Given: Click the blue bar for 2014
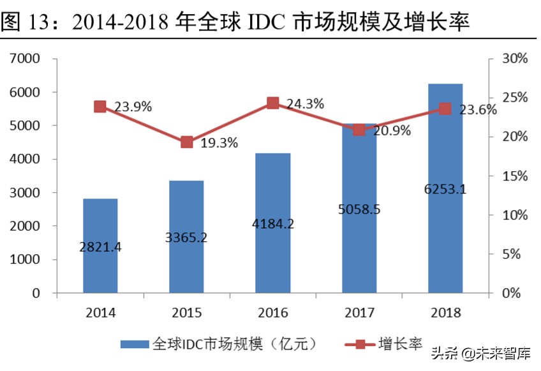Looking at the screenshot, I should pos(100,246).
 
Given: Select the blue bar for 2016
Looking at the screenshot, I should pos(273,223).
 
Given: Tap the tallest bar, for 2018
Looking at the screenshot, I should pos(445,188).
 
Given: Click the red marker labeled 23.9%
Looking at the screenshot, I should pos(100,107).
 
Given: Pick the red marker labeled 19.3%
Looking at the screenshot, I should pos(186,142).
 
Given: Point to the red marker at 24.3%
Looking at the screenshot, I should pos(273,103).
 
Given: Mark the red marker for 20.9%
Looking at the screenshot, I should pos(359,130).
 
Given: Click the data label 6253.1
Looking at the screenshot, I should pos(445,189).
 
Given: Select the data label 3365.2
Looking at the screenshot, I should pos(186,238).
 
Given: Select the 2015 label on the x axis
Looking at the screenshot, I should pos(186,313).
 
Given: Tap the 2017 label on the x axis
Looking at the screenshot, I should pos(359,313).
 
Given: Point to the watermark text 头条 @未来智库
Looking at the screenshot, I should pos(482,353).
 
